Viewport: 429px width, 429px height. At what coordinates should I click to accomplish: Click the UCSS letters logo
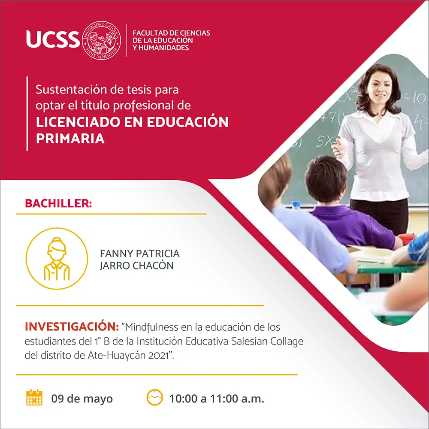tap(53, 39)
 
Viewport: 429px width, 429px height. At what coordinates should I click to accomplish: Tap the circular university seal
tap(102, 40)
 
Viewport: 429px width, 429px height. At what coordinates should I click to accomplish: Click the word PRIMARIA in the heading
tap(70, 139)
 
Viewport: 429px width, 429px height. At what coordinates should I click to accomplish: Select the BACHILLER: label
tap(58, 203)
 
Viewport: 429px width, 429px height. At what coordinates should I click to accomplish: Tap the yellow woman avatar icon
tap(57, 259)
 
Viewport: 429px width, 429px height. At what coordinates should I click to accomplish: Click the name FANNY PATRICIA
tap(140, 254)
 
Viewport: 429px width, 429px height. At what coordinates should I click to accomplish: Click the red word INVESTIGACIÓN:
tap(72, 326)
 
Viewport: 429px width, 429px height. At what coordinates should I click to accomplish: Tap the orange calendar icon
tap(34, 397)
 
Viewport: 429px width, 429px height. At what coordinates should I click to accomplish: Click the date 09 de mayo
tap(82, 399)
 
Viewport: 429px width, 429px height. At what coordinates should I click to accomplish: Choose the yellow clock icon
tap(155, 397)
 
